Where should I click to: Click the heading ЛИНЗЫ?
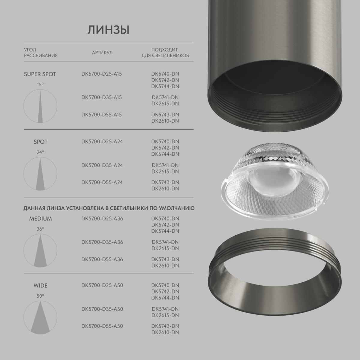click(x=108, y=30)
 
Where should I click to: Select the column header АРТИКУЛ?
click(x=102, y=53)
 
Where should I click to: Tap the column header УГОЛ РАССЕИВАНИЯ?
click(x=40, y=52)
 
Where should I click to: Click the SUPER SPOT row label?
click(x=40, y=74)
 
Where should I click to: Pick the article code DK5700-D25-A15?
click(x=101, y=73)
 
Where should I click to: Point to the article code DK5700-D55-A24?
click(x=102, y=182)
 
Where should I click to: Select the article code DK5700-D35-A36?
click(x=102, y=242)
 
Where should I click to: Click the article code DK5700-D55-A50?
click(x=102, y=326)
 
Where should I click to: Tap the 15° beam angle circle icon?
click(x=40, y=106)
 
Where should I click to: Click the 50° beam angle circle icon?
click(x=40, y=317)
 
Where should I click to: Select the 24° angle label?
click(x=40, y=152)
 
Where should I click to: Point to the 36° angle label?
click(x=40, y=229)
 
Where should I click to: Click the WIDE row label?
click(x=40, y=286)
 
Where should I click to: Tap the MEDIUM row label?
click(x=40, y=219)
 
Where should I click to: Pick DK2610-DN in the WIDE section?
click(x=165, y=332)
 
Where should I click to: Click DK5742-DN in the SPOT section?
click(x=165, y=148)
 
